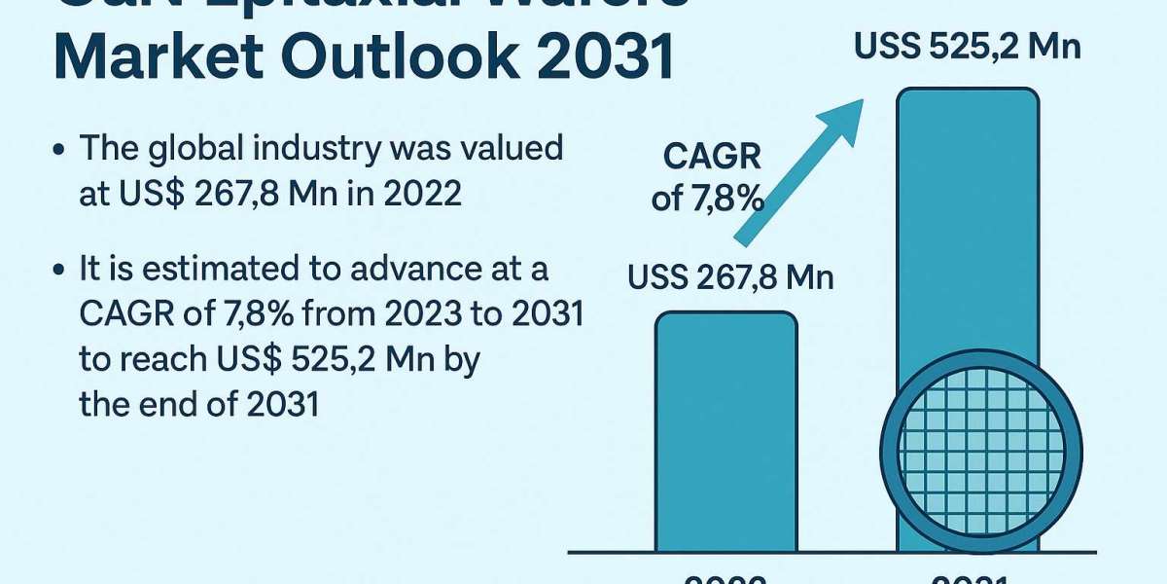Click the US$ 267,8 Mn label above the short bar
coord(730,278)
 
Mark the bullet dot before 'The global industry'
coord(61,151)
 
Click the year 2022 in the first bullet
coord(420,194)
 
